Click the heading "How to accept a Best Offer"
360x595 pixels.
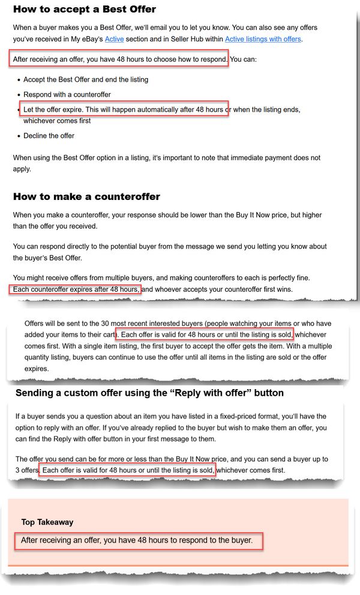click(x=85, y=9)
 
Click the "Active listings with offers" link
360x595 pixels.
click(x=263, y=40)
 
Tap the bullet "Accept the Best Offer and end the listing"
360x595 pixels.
click(x=86, y=79)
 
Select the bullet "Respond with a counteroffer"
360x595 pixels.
click(x=67, y=95)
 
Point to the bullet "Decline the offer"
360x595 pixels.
click(x=49, y=136)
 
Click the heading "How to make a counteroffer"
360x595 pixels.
click(x=86, y=197)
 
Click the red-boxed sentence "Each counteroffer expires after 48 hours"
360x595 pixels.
click(x=76, y=289)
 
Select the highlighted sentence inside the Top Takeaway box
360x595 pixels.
click(x=137, y=540)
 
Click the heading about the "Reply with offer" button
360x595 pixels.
click(x=149, y=393)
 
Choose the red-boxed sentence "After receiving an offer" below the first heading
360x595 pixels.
click(x=119, y=59)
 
